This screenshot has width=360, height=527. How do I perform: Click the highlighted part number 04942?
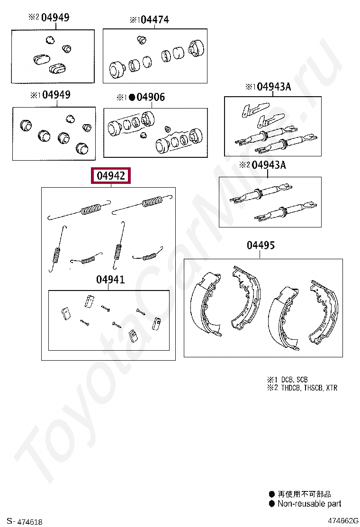pos(111,175)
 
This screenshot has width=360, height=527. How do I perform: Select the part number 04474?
pos(155,20)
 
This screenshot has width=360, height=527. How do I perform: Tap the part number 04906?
pos(151,97)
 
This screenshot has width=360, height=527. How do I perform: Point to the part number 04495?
pos(261,245)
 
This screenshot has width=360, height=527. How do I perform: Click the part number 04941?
pos(110,279)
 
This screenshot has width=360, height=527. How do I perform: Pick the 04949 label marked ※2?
pos(55,18)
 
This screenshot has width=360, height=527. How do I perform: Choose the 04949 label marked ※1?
pos(56,95)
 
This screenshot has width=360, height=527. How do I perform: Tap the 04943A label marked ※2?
pos(269,165)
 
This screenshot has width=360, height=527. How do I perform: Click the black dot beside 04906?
pos(132,98)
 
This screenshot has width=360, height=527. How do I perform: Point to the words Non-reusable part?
pos(309,503)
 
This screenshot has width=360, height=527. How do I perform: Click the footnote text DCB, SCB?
pos(294,380)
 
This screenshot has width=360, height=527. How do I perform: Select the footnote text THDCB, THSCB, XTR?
pos(309,388)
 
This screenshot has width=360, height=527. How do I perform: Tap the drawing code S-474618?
pos(25,521)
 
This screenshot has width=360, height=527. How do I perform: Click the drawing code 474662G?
pos(343,521)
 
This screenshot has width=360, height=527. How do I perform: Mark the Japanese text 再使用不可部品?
pos(304,494)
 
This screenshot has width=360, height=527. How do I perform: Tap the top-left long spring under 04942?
pos(79,210)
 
